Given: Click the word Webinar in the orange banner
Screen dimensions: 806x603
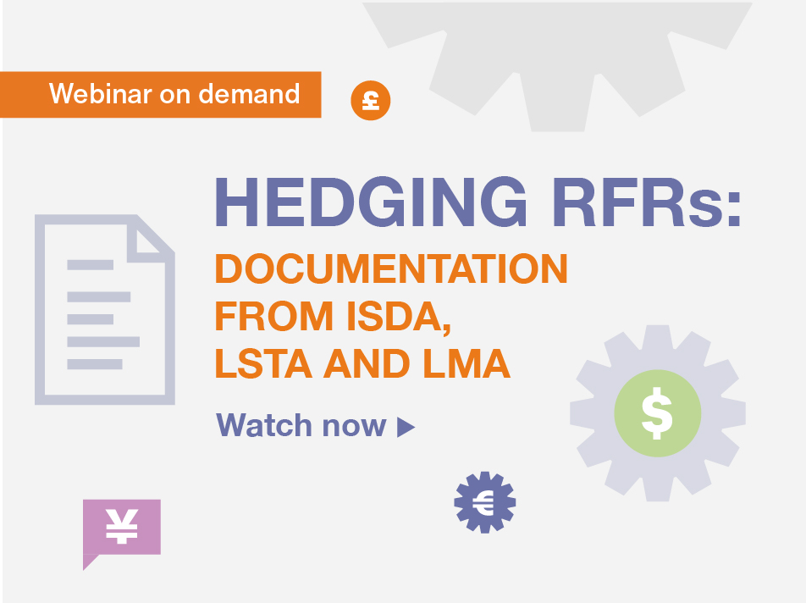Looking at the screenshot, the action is tap(101, 93).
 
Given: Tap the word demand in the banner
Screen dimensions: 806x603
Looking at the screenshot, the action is tap(249, 93).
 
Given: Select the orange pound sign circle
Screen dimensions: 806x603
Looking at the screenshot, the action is tap(371, 100).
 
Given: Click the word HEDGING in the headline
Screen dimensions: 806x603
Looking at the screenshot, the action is tap(371, 202).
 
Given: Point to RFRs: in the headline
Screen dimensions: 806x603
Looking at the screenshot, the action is tap(648, 202).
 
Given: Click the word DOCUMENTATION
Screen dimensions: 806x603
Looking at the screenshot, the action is tap(391, 268).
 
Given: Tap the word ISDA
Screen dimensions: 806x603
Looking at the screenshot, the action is tap(399, 317).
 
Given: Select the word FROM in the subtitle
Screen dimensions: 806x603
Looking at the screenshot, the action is tap(274, 316).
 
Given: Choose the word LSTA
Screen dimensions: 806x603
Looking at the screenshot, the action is tap(263, 363).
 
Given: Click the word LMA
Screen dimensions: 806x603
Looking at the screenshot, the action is tap(466, 363).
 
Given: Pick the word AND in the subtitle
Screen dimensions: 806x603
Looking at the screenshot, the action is tap(367, 363).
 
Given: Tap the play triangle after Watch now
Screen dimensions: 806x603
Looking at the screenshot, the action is tap(405, 427).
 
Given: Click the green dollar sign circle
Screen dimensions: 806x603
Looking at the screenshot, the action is tap(658, 412).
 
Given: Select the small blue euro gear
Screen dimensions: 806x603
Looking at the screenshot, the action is tap(485, 502).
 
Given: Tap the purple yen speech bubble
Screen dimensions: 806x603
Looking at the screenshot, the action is tap(122, 528).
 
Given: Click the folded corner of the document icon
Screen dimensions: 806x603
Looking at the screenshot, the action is tap(151, 239).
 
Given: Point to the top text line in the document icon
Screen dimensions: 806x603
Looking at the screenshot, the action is tap(91, 265).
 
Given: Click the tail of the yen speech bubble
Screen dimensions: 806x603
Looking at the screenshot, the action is tap(90, 562).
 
